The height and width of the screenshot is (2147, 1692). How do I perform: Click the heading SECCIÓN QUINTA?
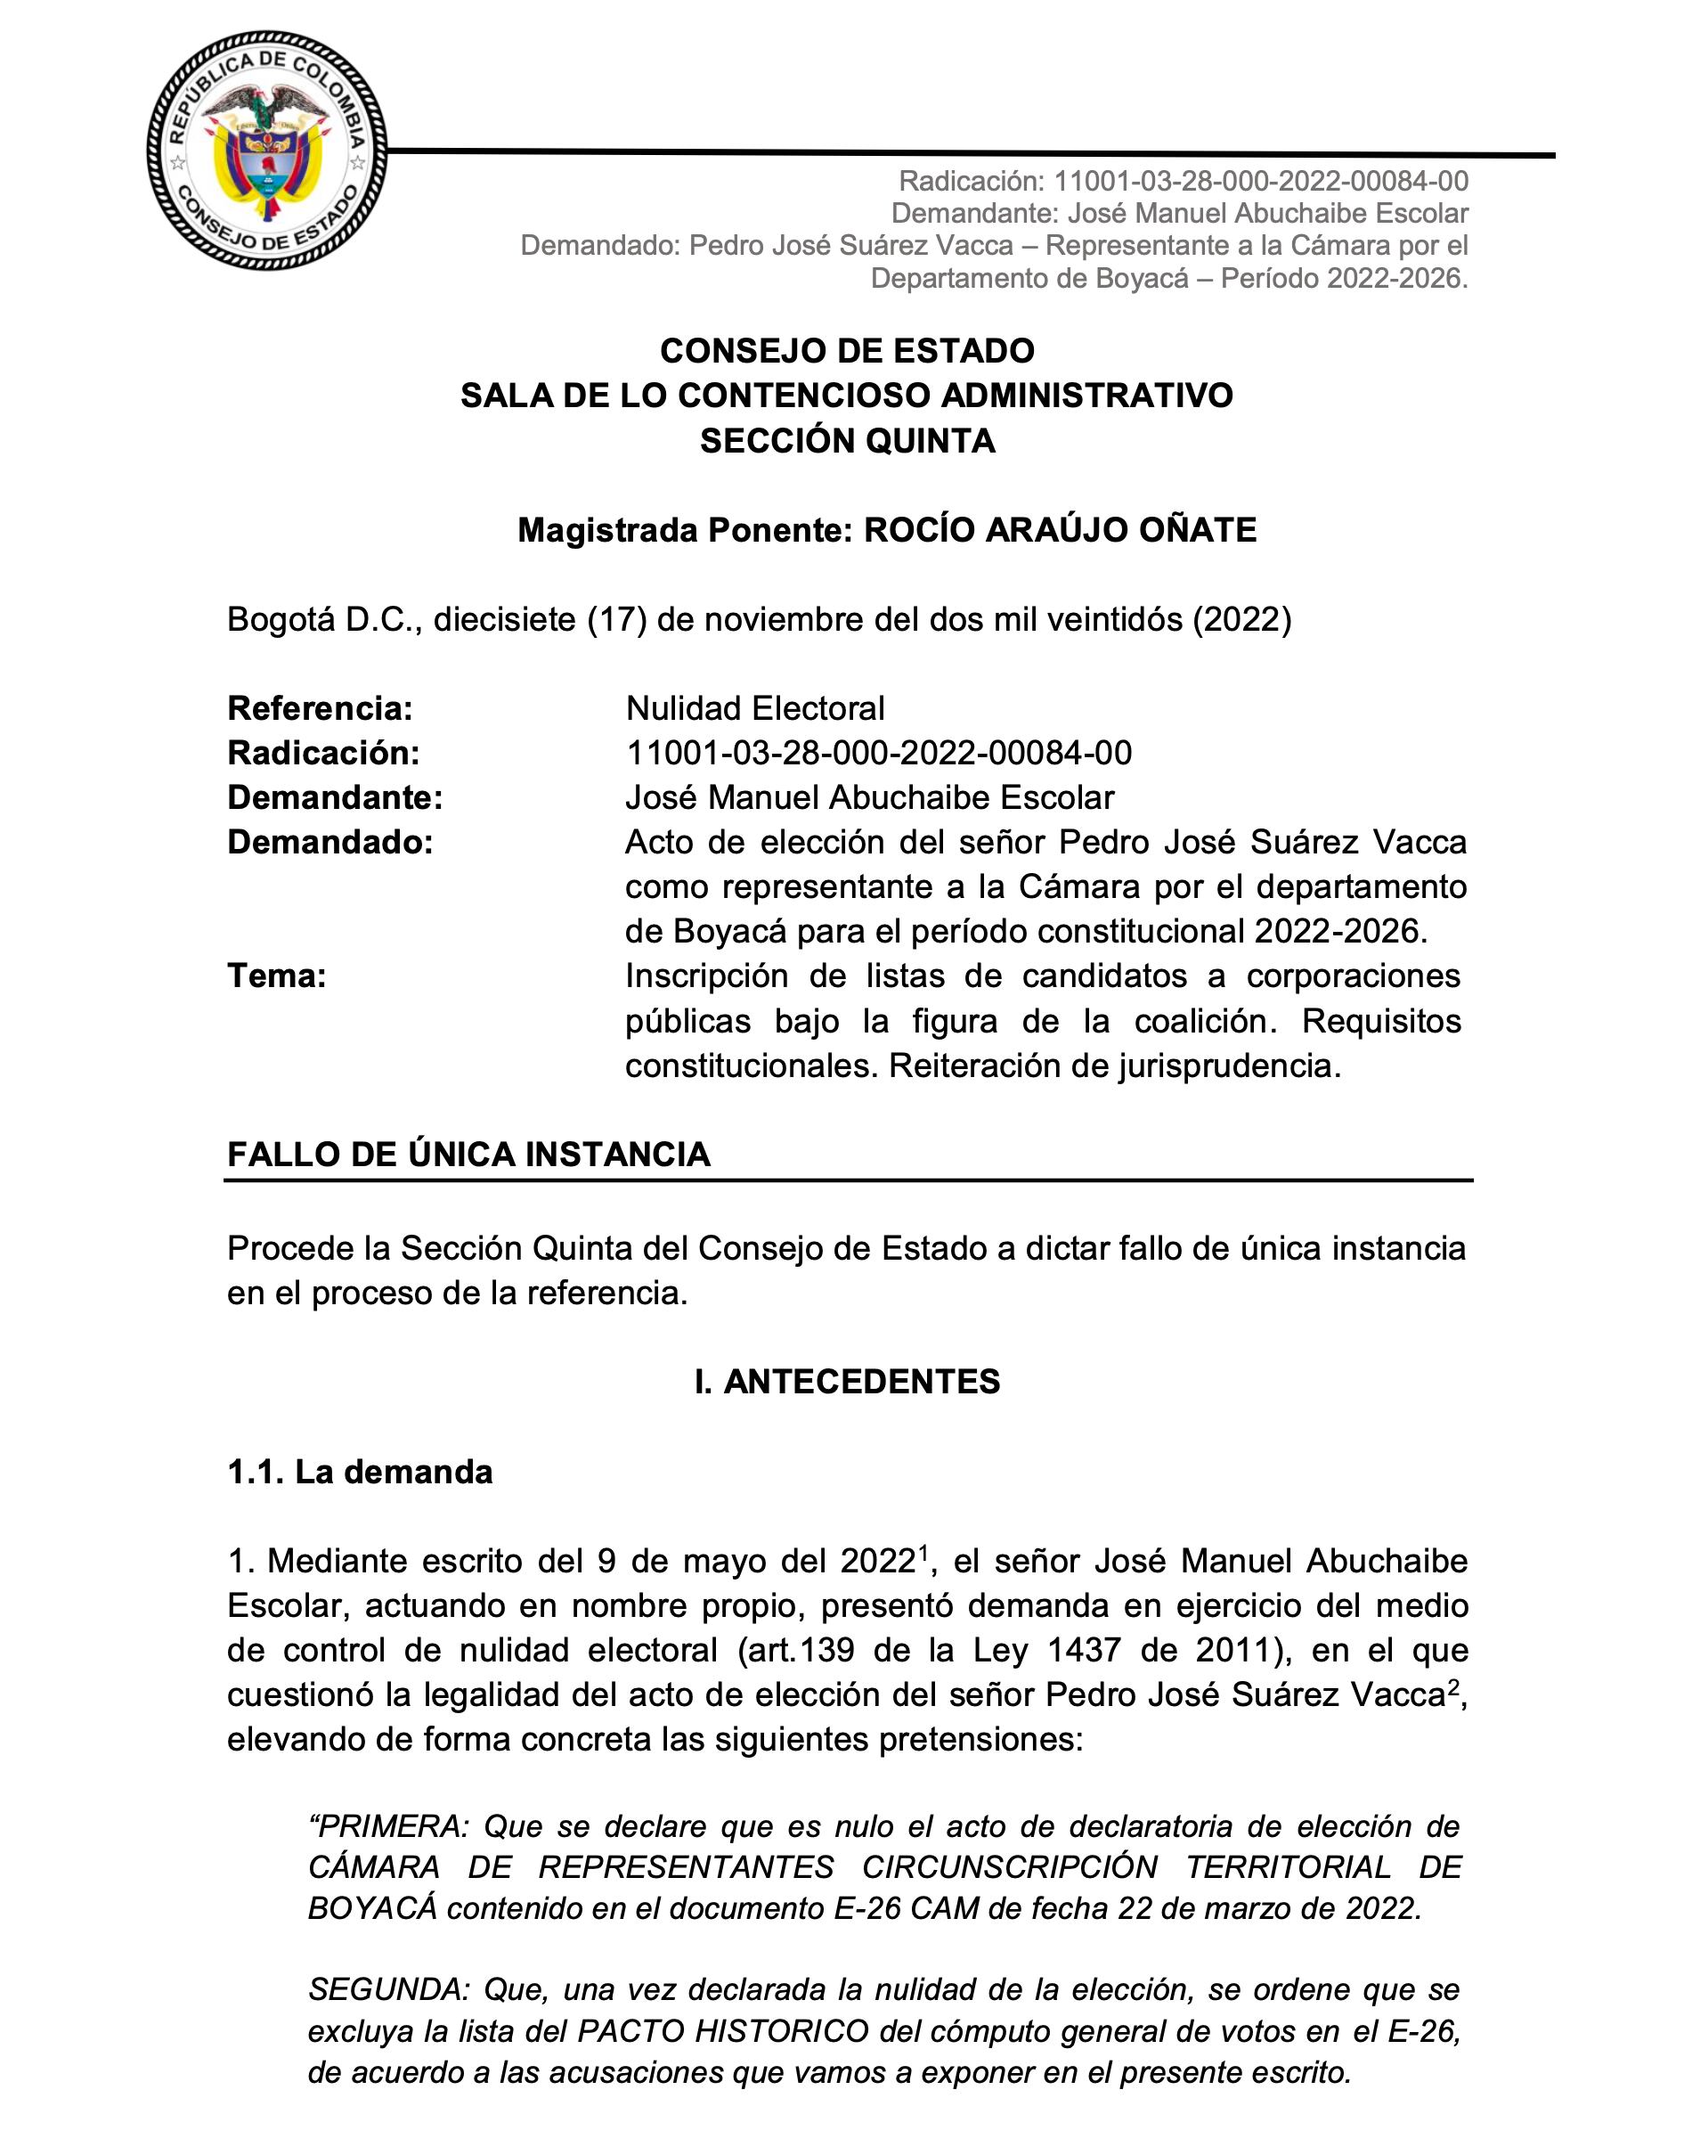tap(847, 441)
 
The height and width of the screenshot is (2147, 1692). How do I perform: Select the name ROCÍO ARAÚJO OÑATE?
tap(1060, 530)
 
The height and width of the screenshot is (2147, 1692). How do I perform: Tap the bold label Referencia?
tap(320, 708)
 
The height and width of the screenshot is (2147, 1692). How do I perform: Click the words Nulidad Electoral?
tap(755, 708)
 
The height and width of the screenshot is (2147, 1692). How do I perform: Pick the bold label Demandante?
tap(335, 797)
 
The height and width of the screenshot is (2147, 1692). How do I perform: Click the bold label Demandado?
tap(329, 842)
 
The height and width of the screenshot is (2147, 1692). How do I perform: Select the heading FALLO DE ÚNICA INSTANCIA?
tap(468, 1155)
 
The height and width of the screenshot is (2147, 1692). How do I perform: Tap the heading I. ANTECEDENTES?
tap(847, 1382)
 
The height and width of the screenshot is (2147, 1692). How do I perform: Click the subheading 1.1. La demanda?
tap(360, 1473)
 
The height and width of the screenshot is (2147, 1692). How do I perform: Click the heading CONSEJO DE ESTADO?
tap(847, 351)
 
